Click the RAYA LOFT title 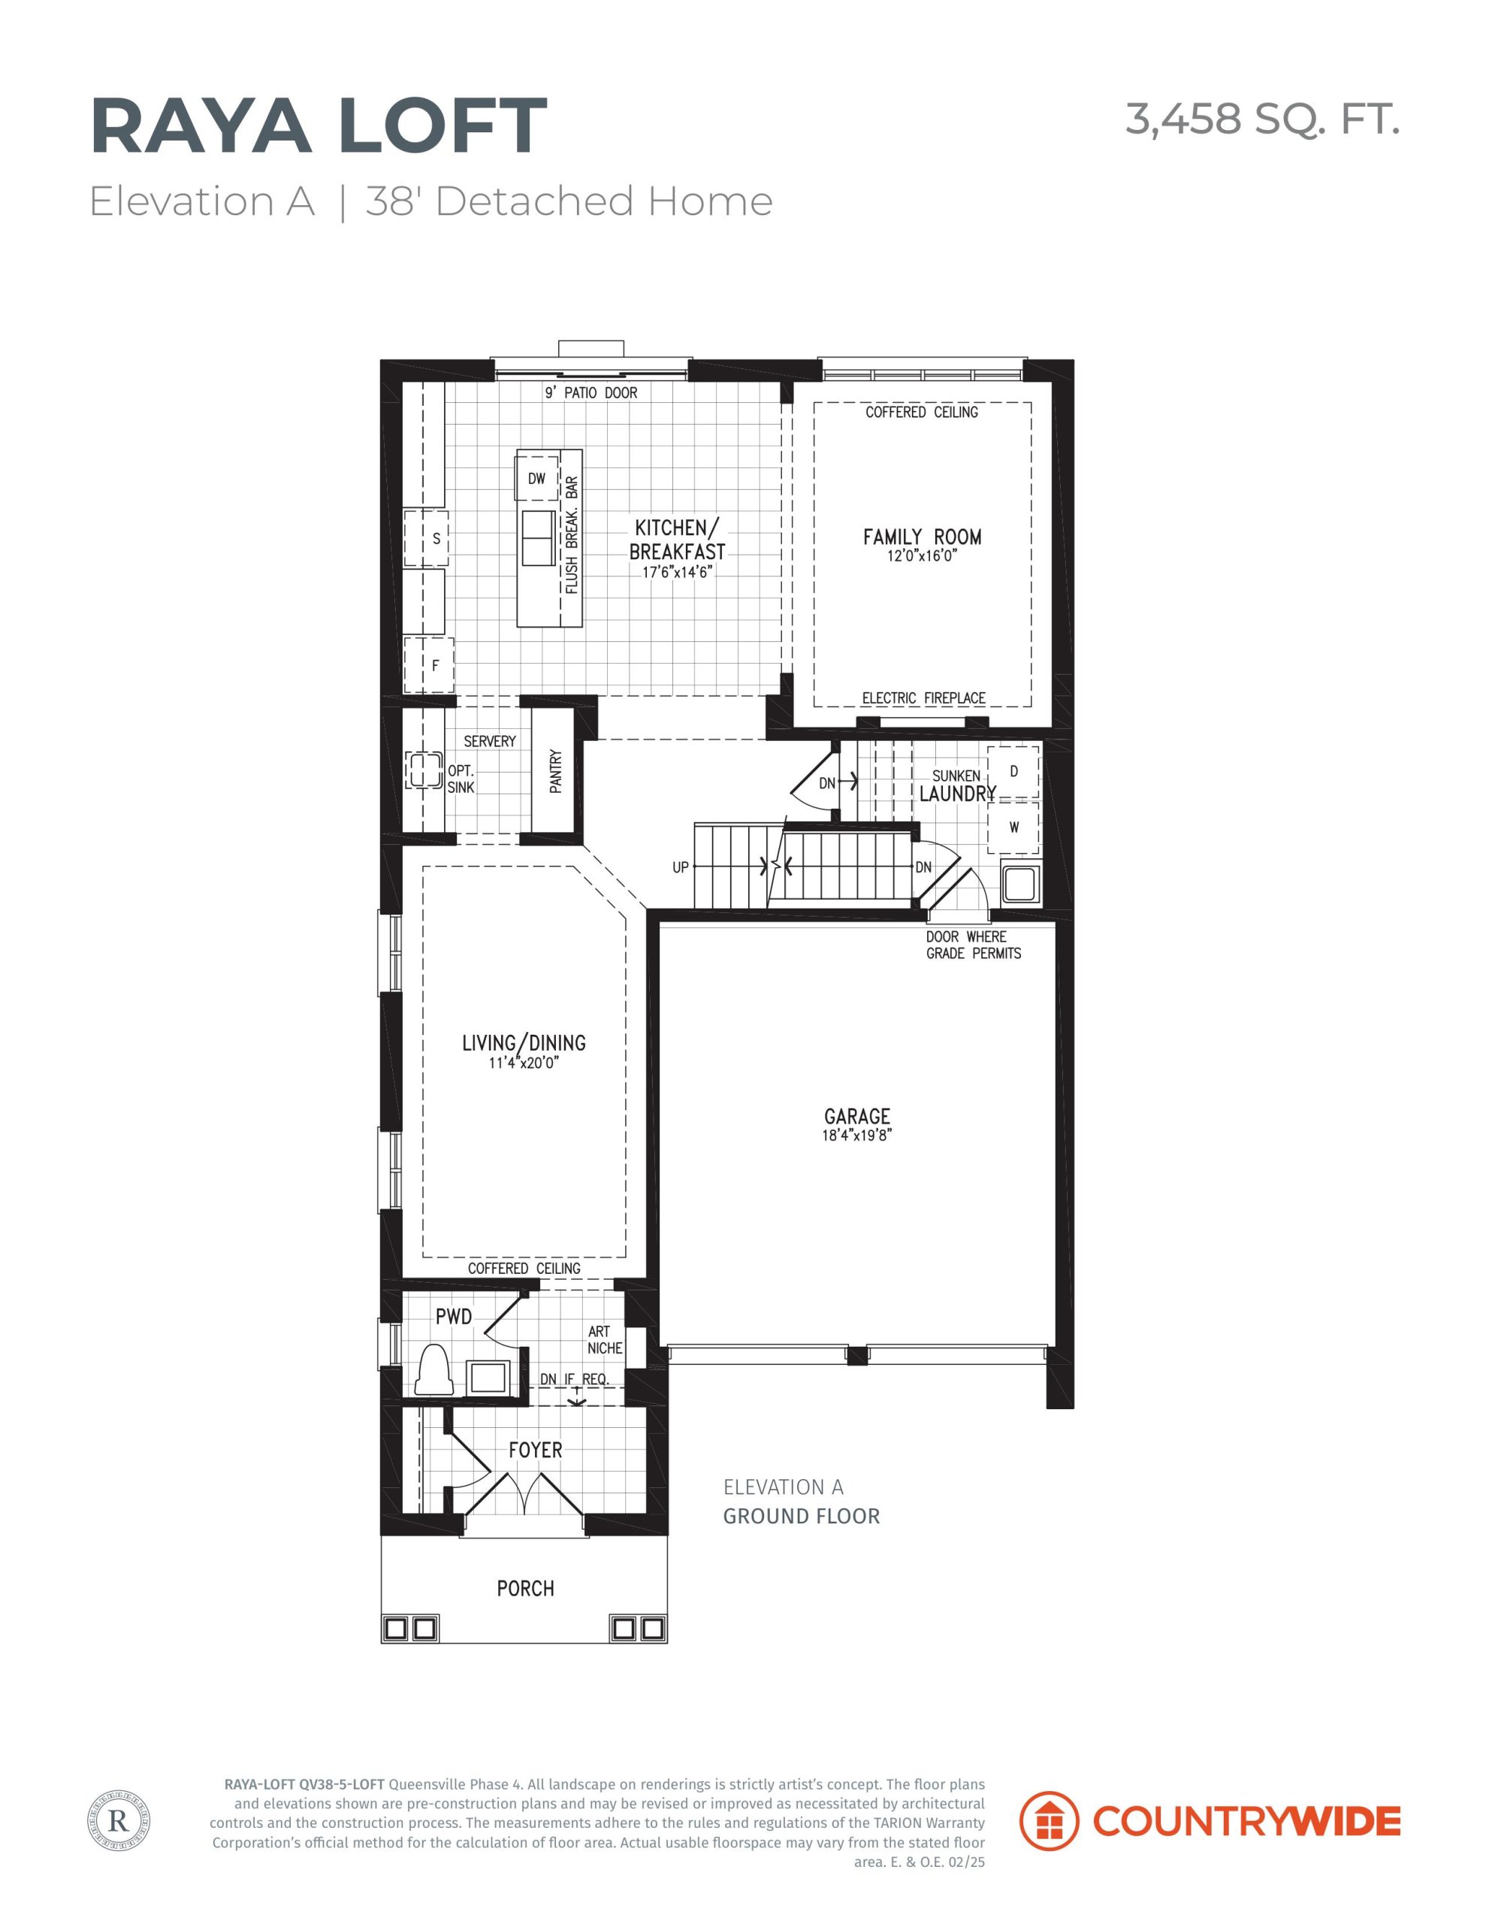[x=318, y=127]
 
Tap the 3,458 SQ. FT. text [x=1262, y=119]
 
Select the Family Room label [x=923, y=537]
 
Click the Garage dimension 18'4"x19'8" [x=857, y=1136]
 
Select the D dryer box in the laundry [x=1013, y=772]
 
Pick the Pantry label [x=556, y=771]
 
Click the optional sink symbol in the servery [x=424, y=770]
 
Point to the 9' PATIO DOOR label [x=591, y=393]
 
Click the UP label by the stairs [x=681, y=868]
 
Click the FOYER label [x=536, y=1450]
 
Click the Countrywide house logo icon [x=1049, y=1821]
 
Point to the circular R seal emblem [x=119, y=1821]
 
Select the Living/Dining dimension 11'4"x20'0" [x=524, y=1063]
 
